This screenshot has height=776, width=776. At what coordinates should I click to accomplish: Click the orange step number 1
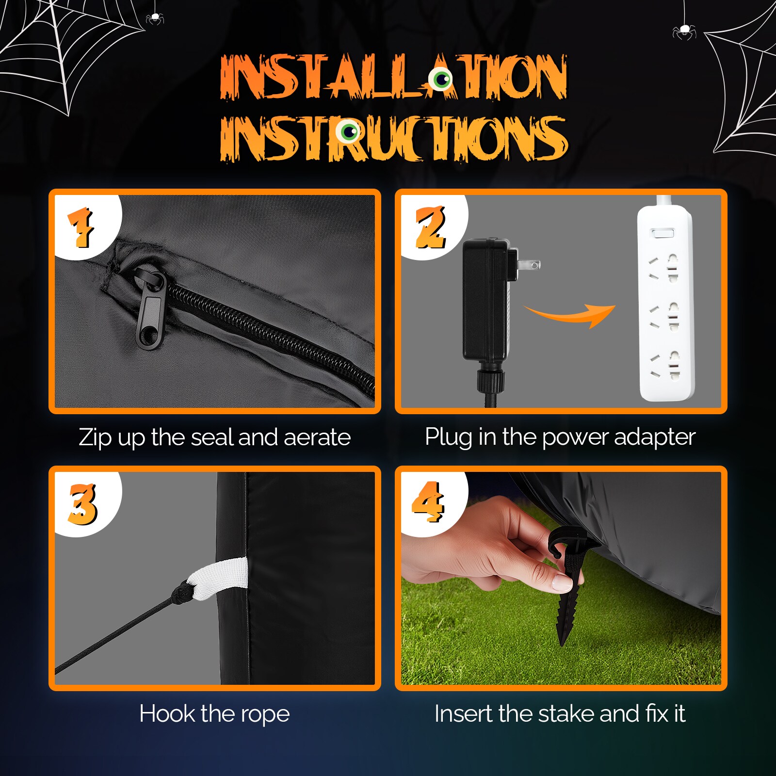click(81, 227)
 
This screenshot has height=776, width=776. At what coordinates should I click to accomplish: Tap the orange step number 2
click(430, 227)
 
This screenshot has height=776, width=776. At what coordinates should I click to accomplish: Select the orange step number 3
click(83, 504)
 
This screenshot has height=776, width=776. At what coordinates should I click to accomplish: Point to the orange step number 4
click(428, 502)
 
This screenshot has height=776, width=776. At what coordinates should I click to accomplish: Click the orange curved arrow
click(570, 315)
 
